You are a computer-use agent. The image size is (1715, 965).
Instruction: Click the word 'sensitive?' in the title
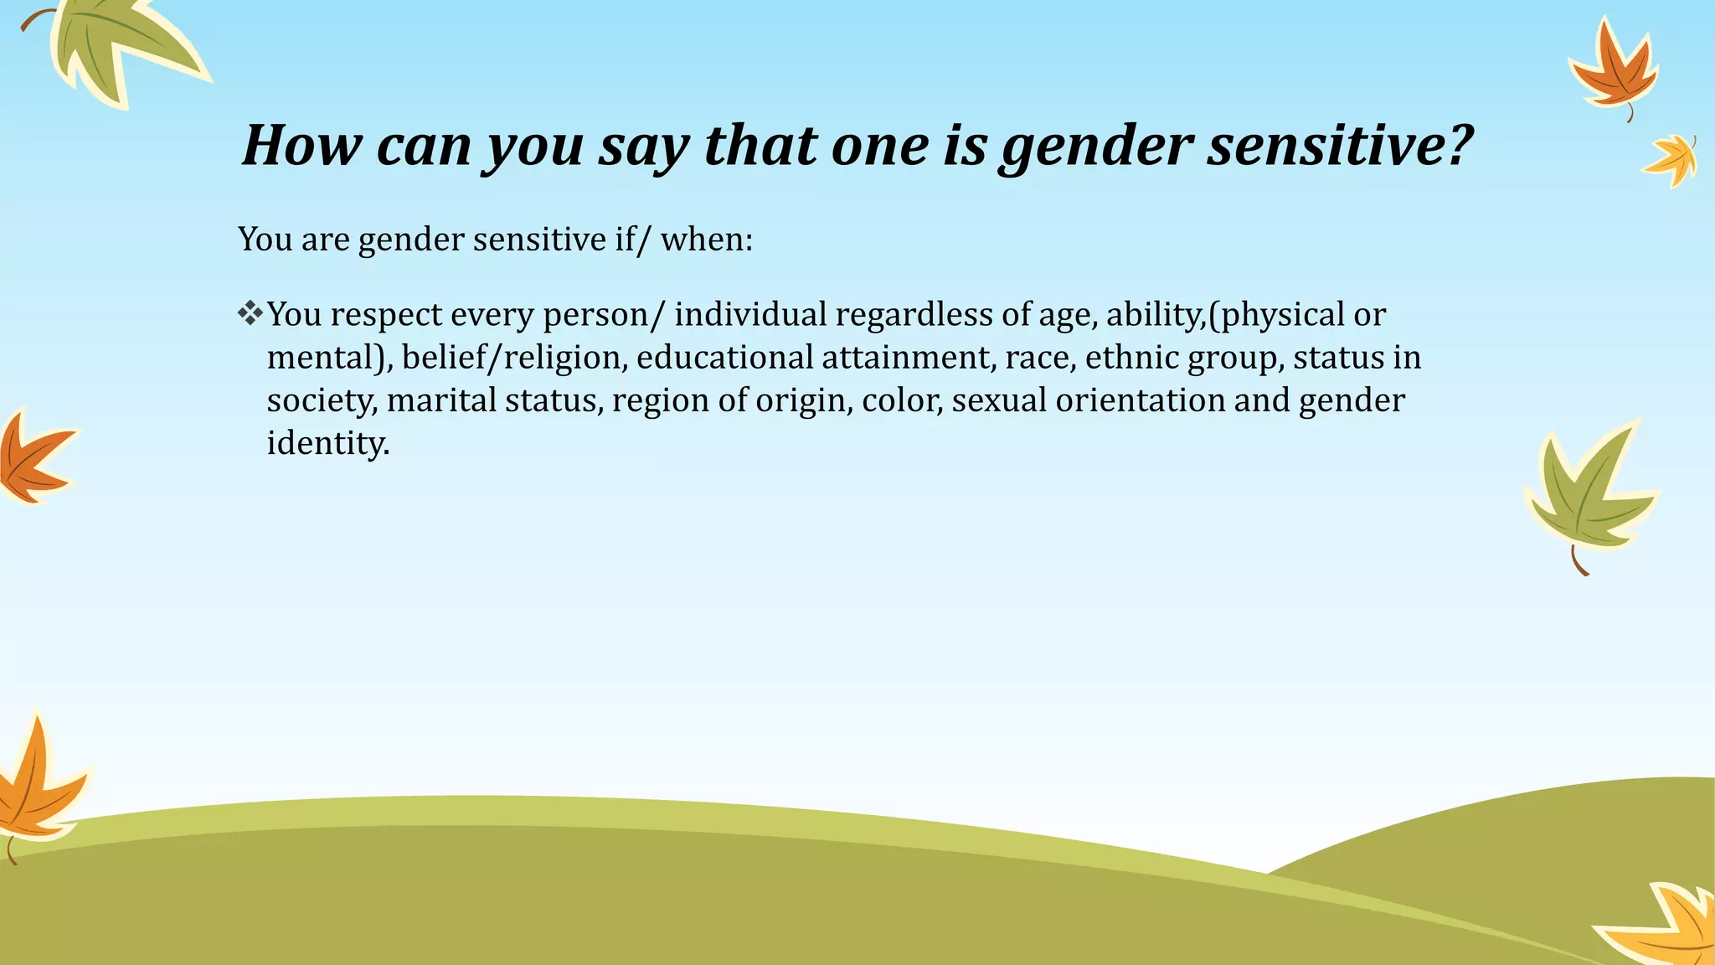pyautogui.click(x=1340, y=145)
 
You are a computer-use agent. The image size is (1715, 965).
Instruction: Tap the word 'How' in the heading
pyautogui.click(x=301, y=145)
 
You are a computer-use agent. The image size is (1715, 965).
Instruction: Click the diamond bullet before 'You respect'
pyautogui.click(x=250, y=314)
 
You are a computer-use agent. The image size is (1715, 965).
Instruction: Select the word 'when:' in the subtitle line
pyautogui.click(x=707, y=240)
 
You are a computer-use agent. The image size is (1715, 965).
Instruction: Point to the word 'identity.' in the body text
pyautogui.click(x=328, y=442)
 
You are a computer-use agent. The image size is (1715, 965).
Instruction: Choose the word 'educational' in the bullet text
pyautogui.click(x=724, y=358)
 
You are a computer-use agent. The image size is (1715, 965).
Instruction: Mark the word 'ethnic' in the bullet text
pyautogui.click(x=1131, y=358)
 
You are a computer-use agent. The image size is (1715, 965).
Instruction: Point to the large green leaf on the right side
pyautogui.click(x=1587, y=494)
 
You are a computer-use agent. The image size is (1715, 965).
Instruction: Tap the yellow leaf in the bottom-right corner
pyautogui.click(x=1666, y=926)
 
